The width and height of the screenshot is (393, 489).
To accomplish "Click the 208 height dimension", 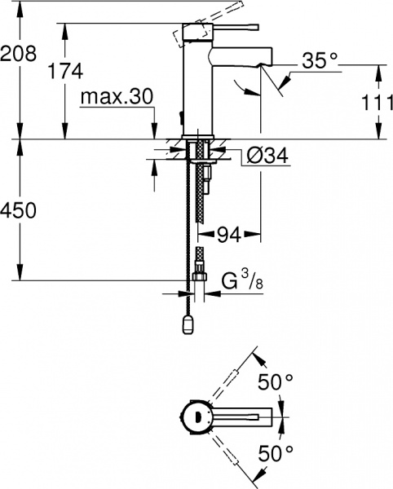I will (19, 54).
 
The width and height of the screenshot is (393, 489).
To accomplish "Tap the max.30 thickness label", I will (117, 97).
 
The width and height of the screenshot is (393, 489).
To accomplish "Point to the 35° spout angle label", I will (319, 59).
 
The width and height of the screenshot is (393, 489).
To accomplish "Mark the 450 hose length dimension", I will (19, 211).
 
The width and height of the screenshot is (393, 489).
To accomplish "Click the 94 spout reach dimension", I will (228, 236).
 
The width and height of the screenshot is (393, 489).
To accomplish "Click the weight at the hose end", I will (189, 325).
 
